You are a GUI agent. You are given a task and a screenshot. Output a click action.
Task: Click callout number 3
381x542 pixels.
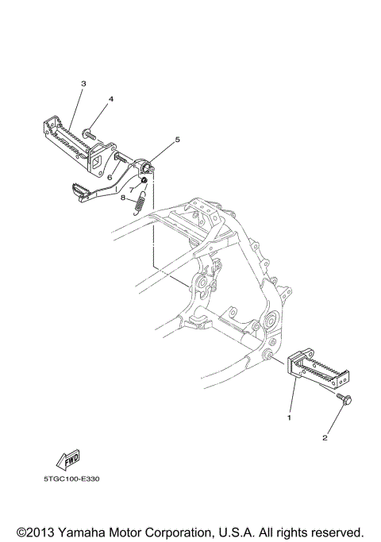pos(83,83)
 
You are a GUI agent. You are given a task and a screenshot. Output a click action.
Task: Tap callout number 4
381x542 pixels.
pos(111,99)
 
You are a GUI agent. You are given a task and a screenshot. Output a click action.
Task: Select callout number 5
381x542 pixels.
pos(177,140)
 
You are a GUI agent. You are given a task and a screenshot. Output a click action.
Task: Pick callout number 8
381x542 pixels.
pos(123,198)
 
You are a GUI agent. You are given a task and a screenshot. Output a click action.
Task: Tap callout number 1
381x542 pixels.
pos(290,417)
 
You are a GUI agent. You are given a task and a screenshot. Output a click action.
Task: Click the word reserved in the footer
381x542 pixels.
pos(335,530)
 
